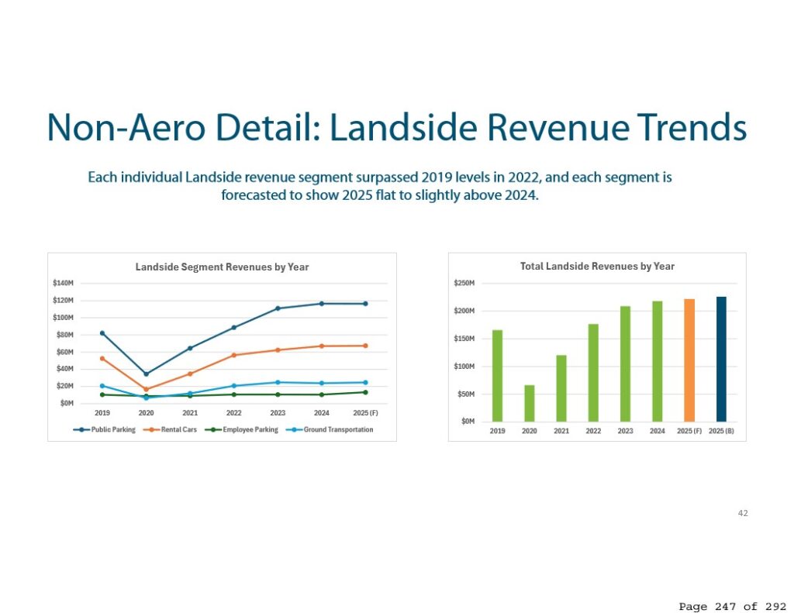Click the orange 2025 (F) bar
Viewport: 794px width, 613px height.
tap(689, 360)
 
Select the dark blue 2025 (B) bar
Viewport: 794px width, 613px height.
tap(721, 359)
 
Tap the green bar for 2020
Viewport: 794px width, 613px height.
tap(529, 403)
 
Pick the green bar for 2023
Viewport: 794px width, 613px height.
tap(626, 363)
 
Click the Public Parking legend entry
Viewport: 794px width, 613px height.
tap(105, 430)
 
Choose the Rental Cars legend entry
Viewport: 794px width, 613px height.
tap(170, 430)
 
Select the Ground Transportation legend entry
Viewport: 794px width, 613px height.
tap(330, 430)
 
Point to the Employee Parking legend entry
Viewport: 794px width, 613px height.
tap(242, 430)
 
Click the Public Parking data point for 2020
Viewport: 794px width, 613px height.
tap(147, 374)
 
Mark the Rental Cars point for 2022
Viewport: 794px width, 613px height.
tap(234, 356)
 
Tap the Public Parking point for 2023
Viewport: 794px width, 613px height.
tap(278, 308)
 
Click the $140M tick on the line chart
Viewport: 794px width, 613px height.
tap(64, 283)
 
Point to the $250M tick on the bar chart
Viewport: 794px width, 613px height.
tap(464, 283)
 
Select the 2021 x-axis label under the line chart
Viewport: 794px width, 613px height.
tap(190, 413)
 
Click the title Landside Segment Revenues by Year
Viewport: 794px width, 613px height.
tap(222, 267)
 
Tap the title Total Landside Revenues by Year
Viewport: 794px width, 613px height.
tap(598, 267)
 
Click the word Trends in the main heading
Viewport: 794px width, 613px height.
tap(692, 128)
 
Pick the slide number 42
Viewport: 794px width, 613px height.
tap(743, 513)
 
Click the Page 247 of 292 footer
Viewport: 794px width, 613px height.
tap(732, 607)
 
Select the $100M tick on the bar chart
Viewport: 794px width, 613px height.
tap(464, 367)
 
